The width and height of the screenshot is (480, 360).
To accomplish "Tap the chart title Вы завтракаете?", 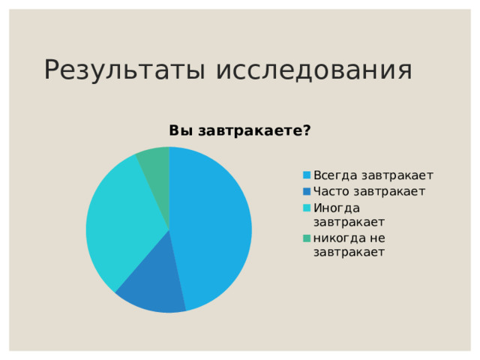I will point(240,130).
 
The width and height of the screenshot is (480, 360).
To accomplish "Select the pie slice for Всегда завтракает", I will point(214,225).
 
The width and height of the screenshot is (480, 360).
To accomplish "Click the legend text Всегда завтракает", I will point(373,175).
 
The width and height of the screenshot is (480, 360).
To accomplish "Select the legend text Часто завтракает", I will point(370,191).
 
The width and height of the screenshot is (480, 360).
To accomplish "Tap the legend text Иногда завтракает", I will point(349,214).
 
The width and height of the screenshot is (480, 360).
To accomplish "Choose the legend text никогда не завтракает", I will point(349,244).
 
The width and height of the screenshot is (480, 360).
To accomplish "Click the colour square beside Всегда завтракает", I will point(307,175).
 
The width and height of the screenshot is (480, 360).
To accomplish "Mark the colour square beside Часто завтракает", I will point(307,191).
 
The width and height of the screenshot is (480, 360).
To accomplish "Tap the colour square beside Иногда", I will point(307,208).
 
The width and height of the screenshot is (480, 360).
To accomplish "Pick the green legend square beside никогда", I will point(307,238).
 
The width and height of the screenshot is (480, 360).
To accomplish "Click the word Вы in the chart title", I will point(180,130).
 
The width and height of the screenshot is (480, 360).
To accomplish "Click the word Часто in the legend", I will point(331,191).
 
